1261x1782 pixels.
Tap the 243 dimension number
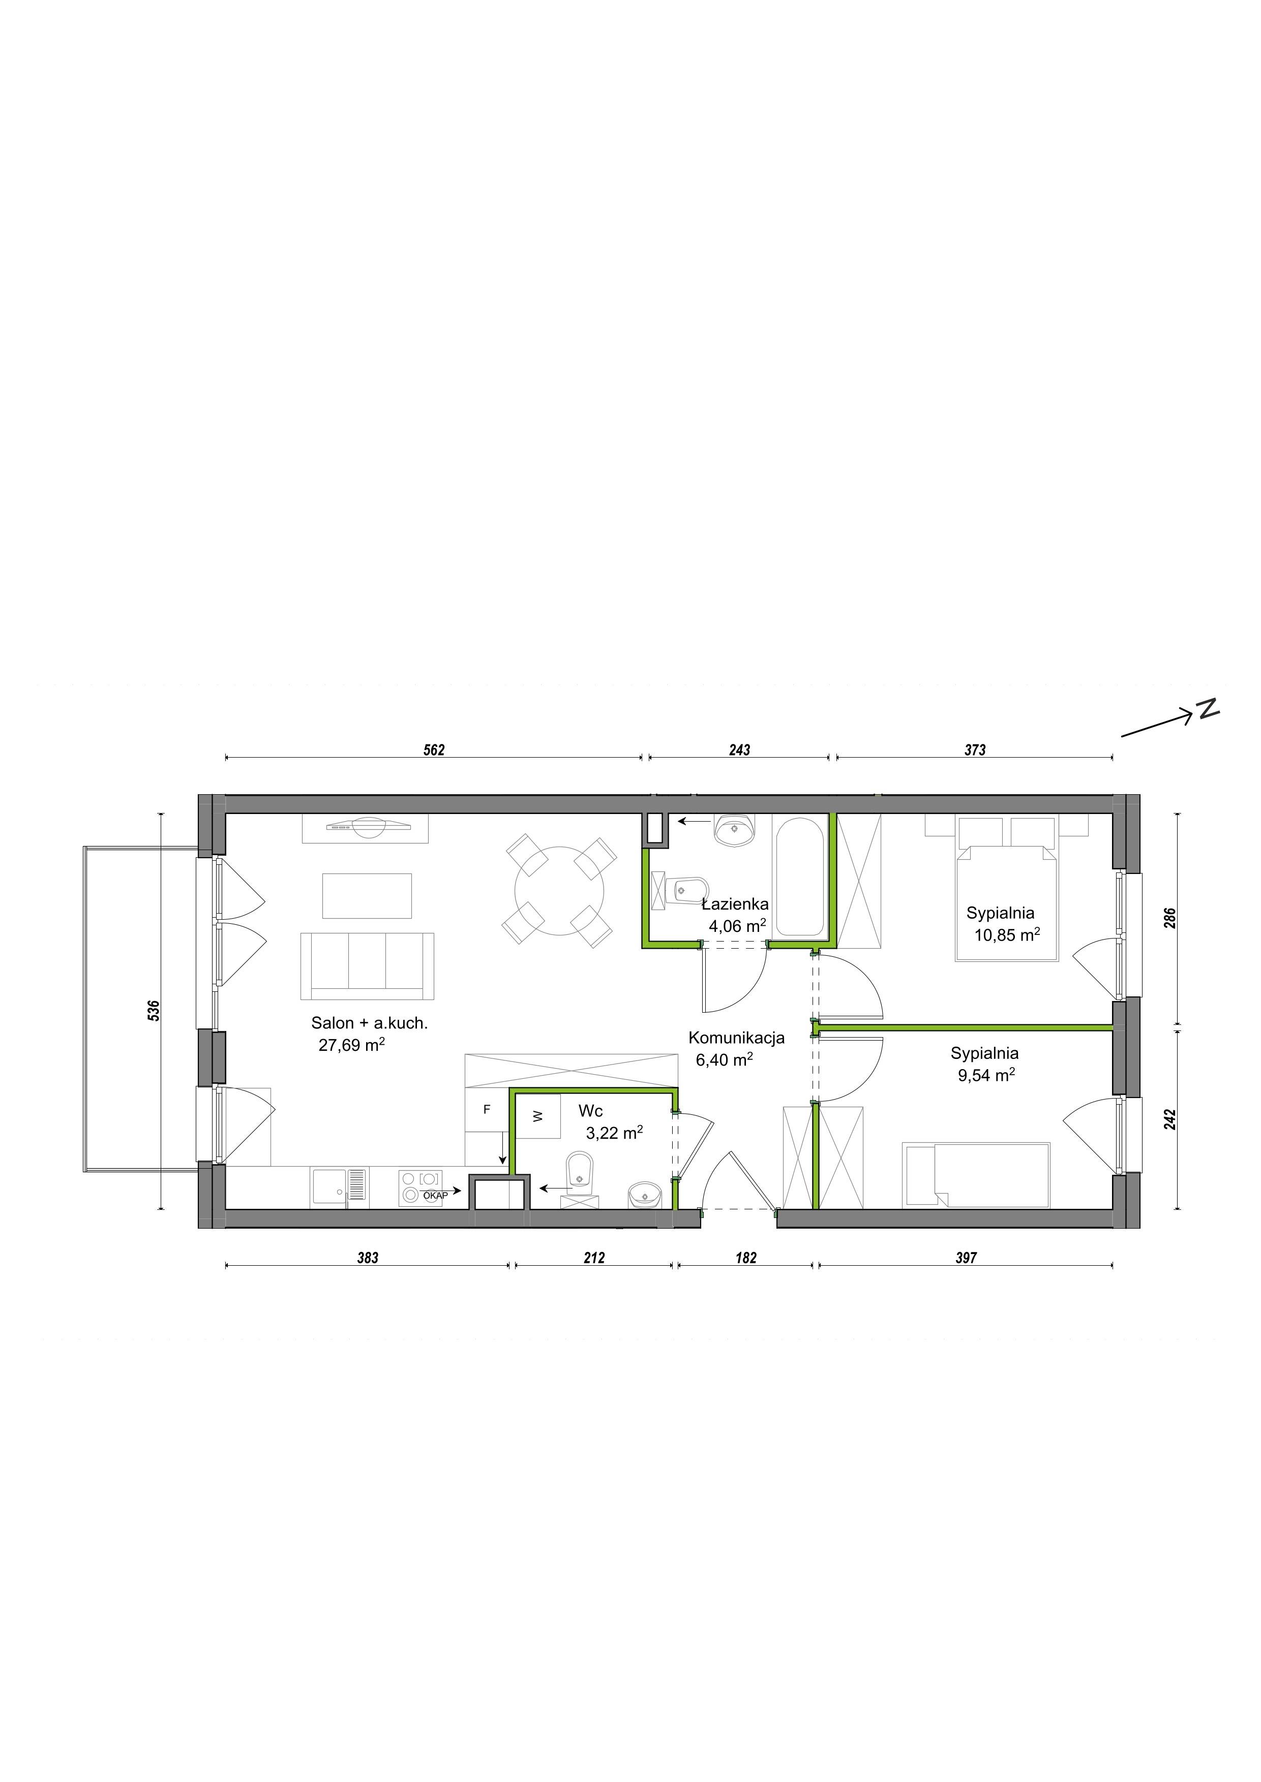click(739, 751)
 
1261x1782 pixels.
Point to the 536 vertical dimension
click(154, 1011)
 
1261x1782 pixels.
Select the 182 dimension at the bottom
click(745, 1258)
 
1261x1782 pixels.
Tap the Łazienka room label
click(735, 904)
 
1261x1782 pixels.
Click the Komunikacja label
click(736, 1038)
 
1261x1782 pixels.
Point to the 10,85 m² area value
click(1007, 934)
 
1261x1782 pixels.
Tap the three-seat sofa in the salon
click(367, 966)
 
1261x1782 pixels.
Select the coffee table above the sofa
click(367, 896)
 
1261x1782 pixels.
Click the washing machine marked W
click(538, 1116)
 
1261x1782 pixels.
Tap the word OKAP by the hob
click(436, 1196)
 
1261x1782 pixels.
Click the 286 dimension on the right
click(1171, 918)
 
